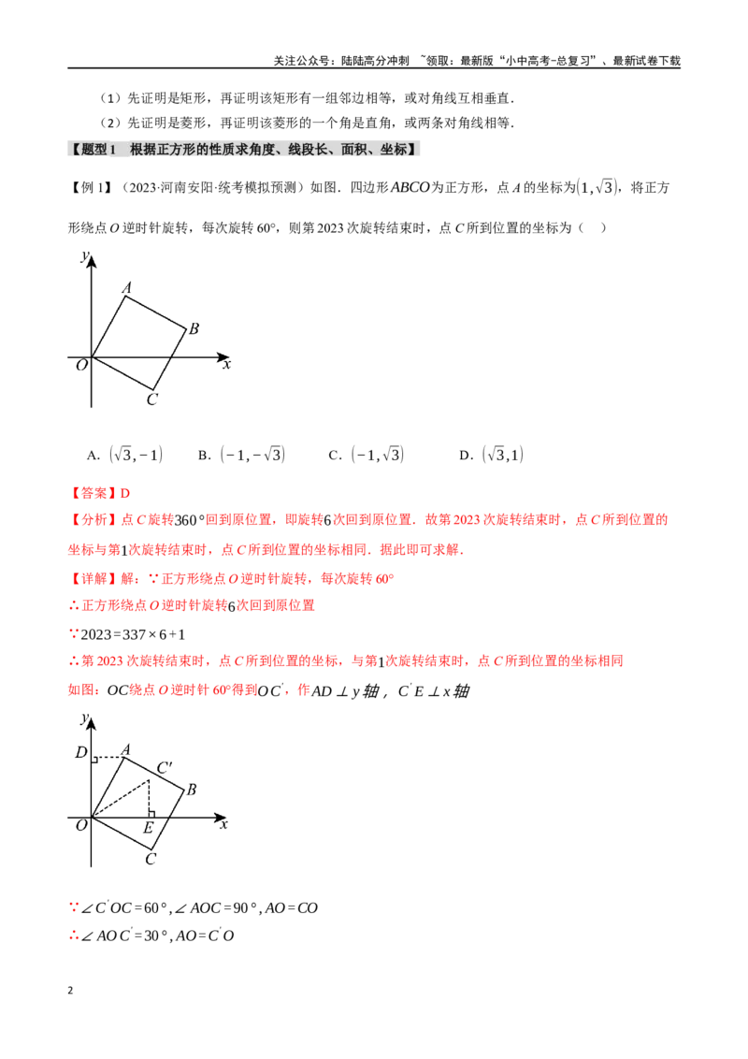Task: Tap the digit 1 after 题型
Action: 113,149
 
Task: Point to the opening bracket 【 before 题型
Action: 75,149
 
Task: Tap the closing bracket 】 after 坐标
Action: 412,149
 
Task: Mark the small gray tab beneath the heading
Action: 119,160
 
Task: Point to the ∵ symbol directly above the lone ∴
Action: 74,906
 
